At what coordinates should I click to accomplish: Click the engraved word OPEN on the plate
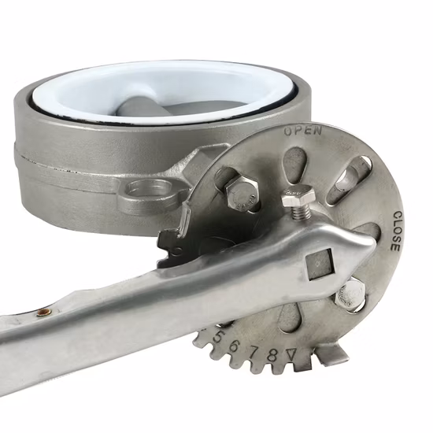[x=302, y=131]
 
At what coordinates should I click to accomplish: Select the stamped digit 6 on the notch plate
[x=235, y=345]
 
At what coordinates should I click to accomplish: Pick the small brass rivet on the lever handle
[x=44, y=312]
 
